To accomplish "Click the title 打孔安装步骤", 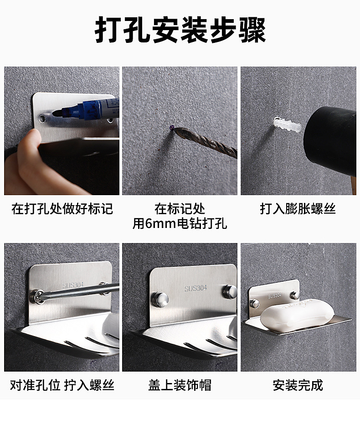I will coord(180,31).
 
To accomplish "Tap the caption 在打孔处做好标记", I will coord(62,209).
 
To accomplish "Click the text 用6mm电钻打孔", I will coord(180,223).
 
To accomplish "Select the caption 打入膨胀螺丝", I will coord(298,209).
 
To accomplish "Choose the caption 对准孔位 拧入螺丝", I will coord(62,385).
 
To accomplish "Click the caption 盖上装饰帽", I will coord(180,385).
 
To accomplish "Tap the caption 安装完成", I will coord(298,385).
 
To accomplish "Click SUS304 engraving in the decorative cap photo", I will coord(195,288).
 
